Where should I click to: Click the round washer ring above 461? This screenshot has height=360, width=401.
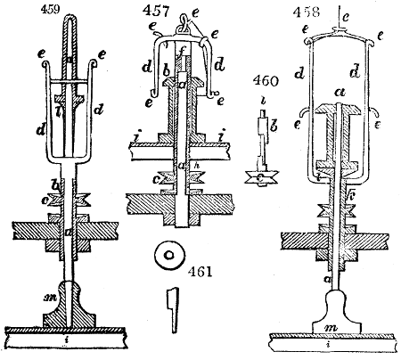click(x=166, y=257)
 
